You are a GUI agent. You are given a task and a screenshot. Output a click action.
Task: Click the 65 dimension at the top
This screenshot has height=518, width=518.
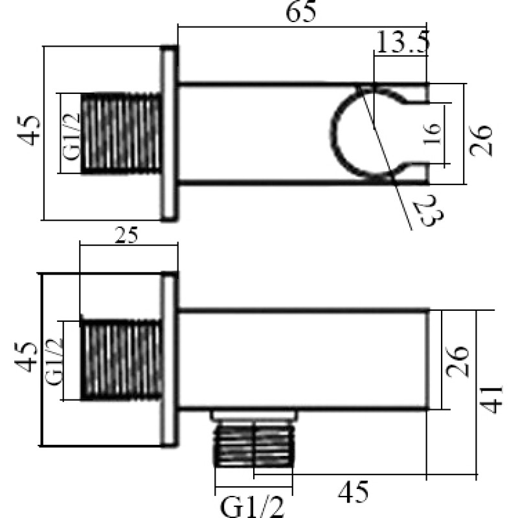300,12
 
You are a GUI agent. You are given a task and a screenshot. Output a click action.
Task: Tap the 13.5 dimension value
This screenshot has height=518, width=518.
403,41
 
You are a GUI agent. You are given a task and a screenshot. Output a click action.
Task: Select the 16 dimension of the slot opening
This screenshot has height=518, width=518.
433,133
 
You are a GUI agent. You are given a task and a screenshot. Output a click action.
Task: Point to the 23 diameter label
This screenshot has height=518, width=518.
429,210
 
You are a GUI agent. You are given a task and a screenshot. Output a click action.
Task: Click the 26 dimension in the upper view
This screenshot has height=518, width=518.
481,140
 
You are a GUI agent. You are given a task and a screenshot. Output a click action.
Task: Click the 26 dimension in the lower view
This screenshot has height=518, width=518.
457,361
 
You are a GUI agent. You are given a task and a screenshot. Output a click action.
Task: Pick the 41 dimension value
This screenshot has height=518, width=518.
491,399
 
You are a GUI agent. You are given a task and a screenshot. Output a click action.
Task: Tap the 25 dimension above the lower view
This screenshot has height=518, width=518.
126,235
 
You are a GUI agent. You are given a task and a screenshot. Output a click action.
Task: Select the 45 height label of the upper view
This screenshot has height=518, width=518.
28,131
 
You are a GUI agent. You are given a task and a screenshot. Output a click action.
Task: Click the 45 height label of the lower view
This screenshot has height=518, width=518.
26,357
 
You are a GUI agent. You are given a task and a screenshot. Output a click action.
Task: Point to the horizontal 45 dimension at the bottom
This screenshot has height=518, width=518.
353,491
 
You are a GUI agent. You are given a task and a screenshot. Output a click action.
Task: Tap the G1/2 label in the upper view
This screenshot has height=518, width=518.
71,137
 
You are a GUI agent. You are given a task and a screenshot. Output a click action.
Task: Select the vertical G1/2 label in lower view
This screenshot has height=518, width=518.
54,362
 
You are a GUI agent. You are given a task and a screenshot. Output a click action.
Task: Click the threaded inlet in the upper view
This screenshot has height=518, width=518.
121,133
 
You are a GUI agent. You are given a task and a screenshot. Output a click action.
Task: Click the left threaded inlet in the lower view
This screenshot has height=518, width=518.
121,360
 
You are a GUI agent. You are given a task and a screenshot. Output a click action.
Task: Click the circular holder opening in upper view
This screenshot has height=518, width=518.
364,133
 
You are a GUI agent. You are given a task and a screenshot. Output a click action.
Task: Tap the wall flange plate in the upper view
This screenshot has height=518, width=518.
169,133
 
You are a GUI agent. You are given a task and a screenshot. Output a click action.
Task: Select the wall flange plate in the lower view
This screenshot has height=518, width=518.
169,359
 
